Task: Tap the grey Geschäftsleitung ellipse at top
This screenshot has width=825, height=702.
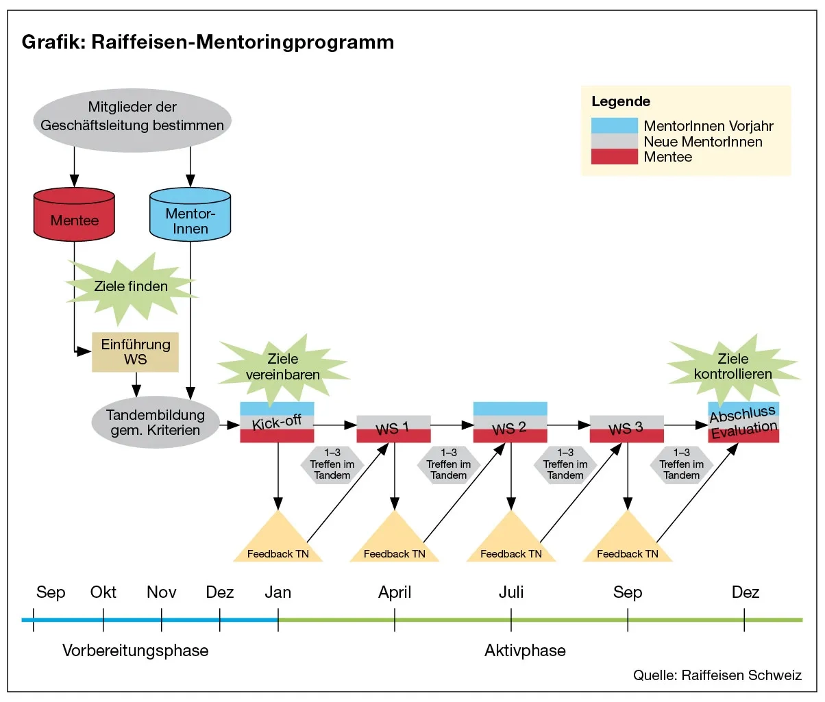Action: (x=132, y=121)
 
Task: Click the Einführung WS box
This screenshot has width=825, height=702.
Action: (x=135, y=352)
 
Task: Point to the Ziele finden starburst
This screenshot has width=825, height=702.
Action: (x=131, y=287)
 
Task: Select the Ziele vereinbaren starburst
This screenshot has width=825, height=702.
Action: (x=283, y=367)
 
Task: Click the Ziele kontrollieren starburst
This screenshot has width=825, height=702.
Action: (x=732, y=367)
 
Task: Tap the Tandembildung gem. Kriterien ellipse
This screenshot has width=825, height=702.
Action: (x=155, y=423)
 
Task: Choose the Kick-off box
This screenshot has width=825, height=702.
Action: (x=277, y=423)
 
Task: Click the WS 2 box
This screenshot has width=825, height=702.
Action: (x=510, y=423)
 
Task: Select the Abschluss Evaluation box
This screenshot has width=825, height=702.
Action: (x=743, y=423)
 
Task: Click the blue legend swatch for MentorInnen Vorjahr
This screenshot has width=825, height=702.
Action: (x=614, y=126)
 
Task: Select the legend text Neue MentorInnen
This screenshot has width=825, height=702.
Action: (x=702, y=142)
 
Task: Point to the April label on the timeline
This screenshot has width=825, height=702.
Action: (x=395, y=592)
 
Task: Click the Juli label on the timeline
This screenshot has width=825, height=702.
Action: (x=511, y=592)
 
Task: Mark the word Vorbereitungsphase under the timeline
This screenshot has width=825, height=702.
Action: (x=135, y=650)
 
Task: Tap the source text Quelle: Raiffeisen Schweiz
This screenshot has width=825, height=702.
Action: (x=717, y=675)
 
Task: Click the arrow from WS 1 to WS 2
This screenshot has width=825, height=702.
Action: (x=452, y=425)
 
